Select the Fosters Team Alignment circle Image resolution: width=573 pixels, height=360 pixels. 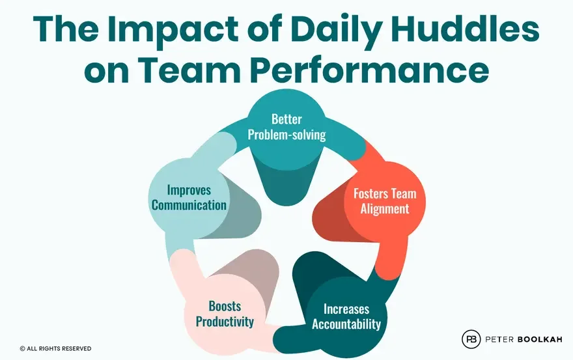coord(384,202)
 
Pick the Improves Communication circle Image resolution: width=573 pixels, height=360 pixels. coord(188,198)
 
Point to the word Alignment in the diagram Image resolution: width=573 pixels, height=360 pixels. coord(385,210)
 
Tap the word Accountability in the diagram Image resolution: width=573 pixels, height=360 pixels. coord(346,324)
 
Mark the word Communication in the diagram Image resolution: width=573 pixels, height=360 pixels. coord(188,206)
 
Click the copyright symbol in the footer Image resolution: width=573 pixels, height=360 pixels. coord(23,349)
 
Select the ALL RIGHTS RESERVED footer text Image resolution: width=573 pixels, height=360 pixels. coord(60,349)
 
